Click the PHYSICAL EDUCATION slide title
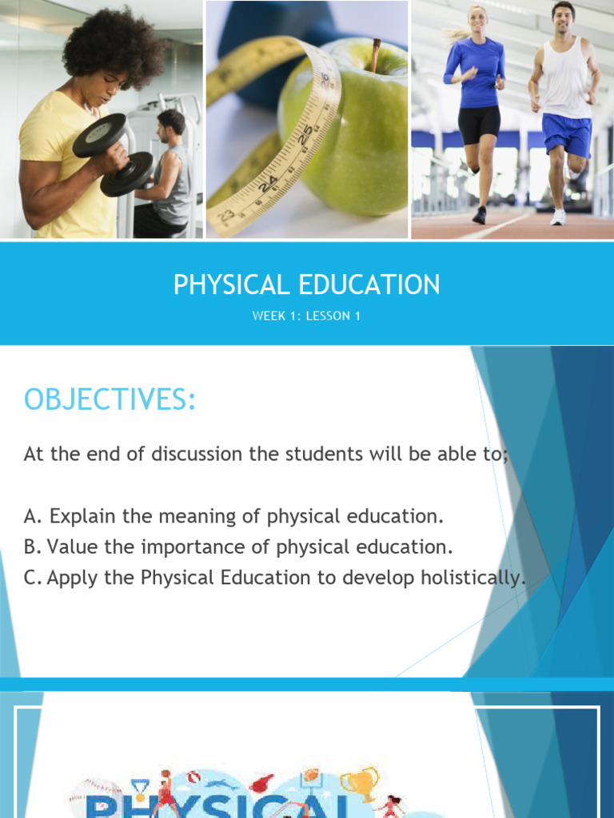tap(307, 284)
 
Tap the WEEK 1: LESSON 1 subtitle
tap(307, 316)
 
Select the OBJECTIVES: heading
tap(110, 399)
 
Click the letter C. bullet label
tap(33, 578)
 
